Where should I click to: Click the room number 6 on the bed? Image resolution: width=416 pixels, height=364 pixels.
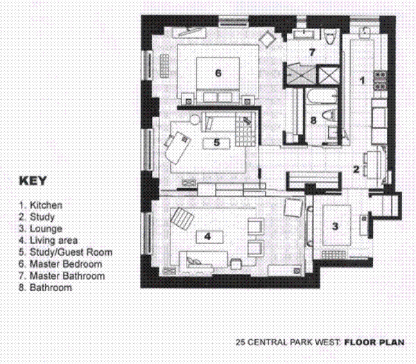point(218,72)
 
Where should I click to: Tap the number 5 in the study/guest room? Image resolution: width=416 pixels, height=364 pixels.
point(217,142)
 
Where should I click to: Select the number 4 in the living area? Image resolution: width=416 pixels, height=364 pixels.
point(207,236)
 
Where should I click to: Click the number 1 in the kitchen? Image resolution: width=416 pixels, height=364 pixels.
point(361,80)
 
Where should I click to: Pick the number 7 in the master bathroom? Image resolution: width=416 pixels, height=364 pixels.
point(312,52)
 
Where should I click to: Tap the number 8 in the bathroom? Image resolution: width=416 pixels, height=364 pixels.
point(313,120)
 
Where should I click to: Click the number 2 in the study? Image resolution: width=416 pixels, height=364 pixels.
point(356,168)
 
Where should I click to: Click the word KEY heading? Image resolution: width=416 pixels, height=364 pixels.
point(33,182)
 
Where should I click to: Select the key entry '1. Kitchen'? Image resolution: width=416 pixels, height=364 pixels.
point(41,205)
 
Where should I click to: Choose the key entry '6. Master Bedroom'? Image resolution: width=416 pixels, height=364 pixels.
point(60,264)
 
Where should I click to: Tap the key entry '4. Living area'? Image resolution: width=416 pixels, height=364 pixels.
point(49,241)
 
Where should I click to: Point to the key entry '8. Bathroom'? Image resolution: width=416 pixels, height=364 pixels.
point(45,288)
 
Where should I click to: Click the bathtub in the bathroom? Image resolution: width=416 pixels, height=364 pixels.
point(311,101)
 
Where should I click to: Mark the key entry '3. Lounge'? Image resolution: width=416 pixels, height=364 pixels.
point(41,229)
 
